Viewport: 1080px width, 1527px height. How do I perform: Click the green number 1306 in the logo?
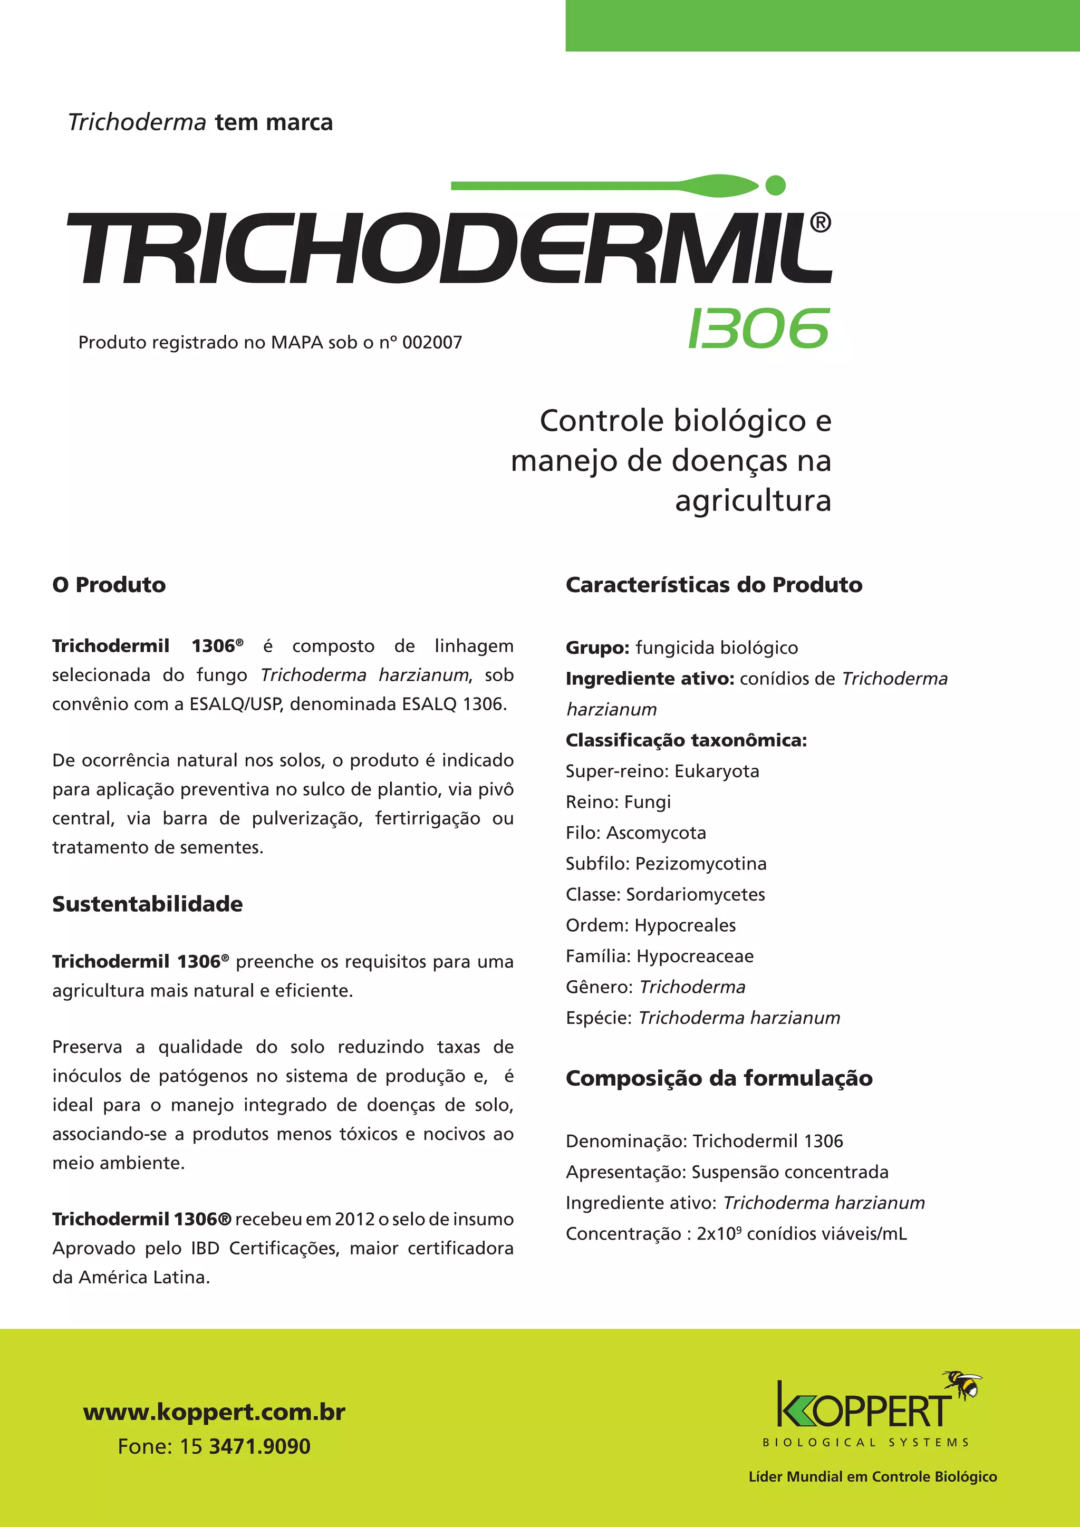coord(759,328)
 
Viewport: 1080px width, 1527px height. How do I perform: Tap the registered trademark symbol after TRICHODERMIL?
coord(821,223)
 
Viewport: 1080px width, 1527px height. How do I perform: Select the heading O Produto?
coord(109,585)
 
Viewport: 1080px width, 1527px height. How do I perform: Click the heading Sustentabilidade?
coord(148,904)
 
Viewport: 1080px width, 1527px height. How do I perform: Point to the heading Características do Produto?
coord(713,585)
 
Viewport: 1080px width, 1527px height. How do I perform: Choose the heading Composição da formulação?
coord(719,1079)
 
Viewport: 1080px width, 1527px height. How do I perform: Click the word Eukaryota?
coord(716,771)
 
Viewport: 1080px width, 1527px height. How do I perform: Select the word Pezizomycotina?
coord(701,864)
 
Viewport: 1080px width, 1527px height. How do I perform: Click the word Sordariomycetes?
coord(696,894)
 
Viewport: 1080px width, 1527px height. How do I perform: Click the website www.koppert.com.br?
coord(214,1412)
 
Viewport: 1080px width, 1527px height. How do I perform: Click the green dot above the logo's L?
coord(775,186)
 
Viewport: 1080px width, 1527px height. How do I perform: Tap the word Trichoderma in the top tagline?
coord(137,123)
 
